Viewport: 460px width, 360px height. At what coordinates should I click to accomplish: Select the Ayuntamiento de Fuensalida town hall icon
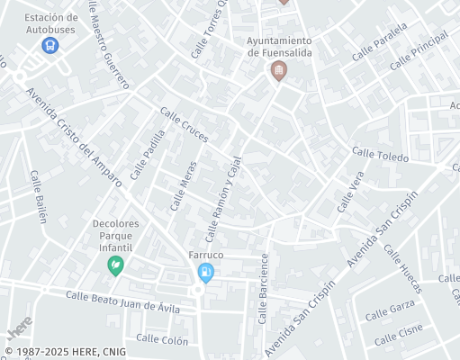(279, 70)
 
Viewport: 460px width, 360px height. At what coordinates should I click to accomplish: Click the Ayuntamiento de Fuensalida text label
(279, 46)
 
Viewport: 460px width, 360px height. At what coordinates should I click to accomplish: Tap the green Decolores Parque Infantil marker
(115, 265)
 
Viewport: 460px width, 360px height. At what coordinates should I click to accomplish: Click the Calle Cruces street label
(184, 126)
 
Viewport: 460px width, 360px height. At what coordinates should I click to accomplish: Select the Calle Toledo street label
(380, 156)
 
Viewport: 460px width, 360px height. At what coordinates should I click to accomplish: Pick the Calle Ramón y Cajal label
(224, 199)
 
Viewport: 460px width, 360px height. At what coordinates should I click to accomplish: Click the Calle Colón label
(161, 340)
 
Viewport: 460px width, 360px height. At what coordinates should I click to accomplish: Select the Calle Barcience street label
(264, 287)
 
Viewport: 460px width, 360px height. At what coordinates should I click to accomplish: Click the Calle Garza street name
(389, 312)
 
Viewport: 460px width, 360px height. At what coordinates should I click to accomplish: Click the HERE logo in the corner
(20, 326)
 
